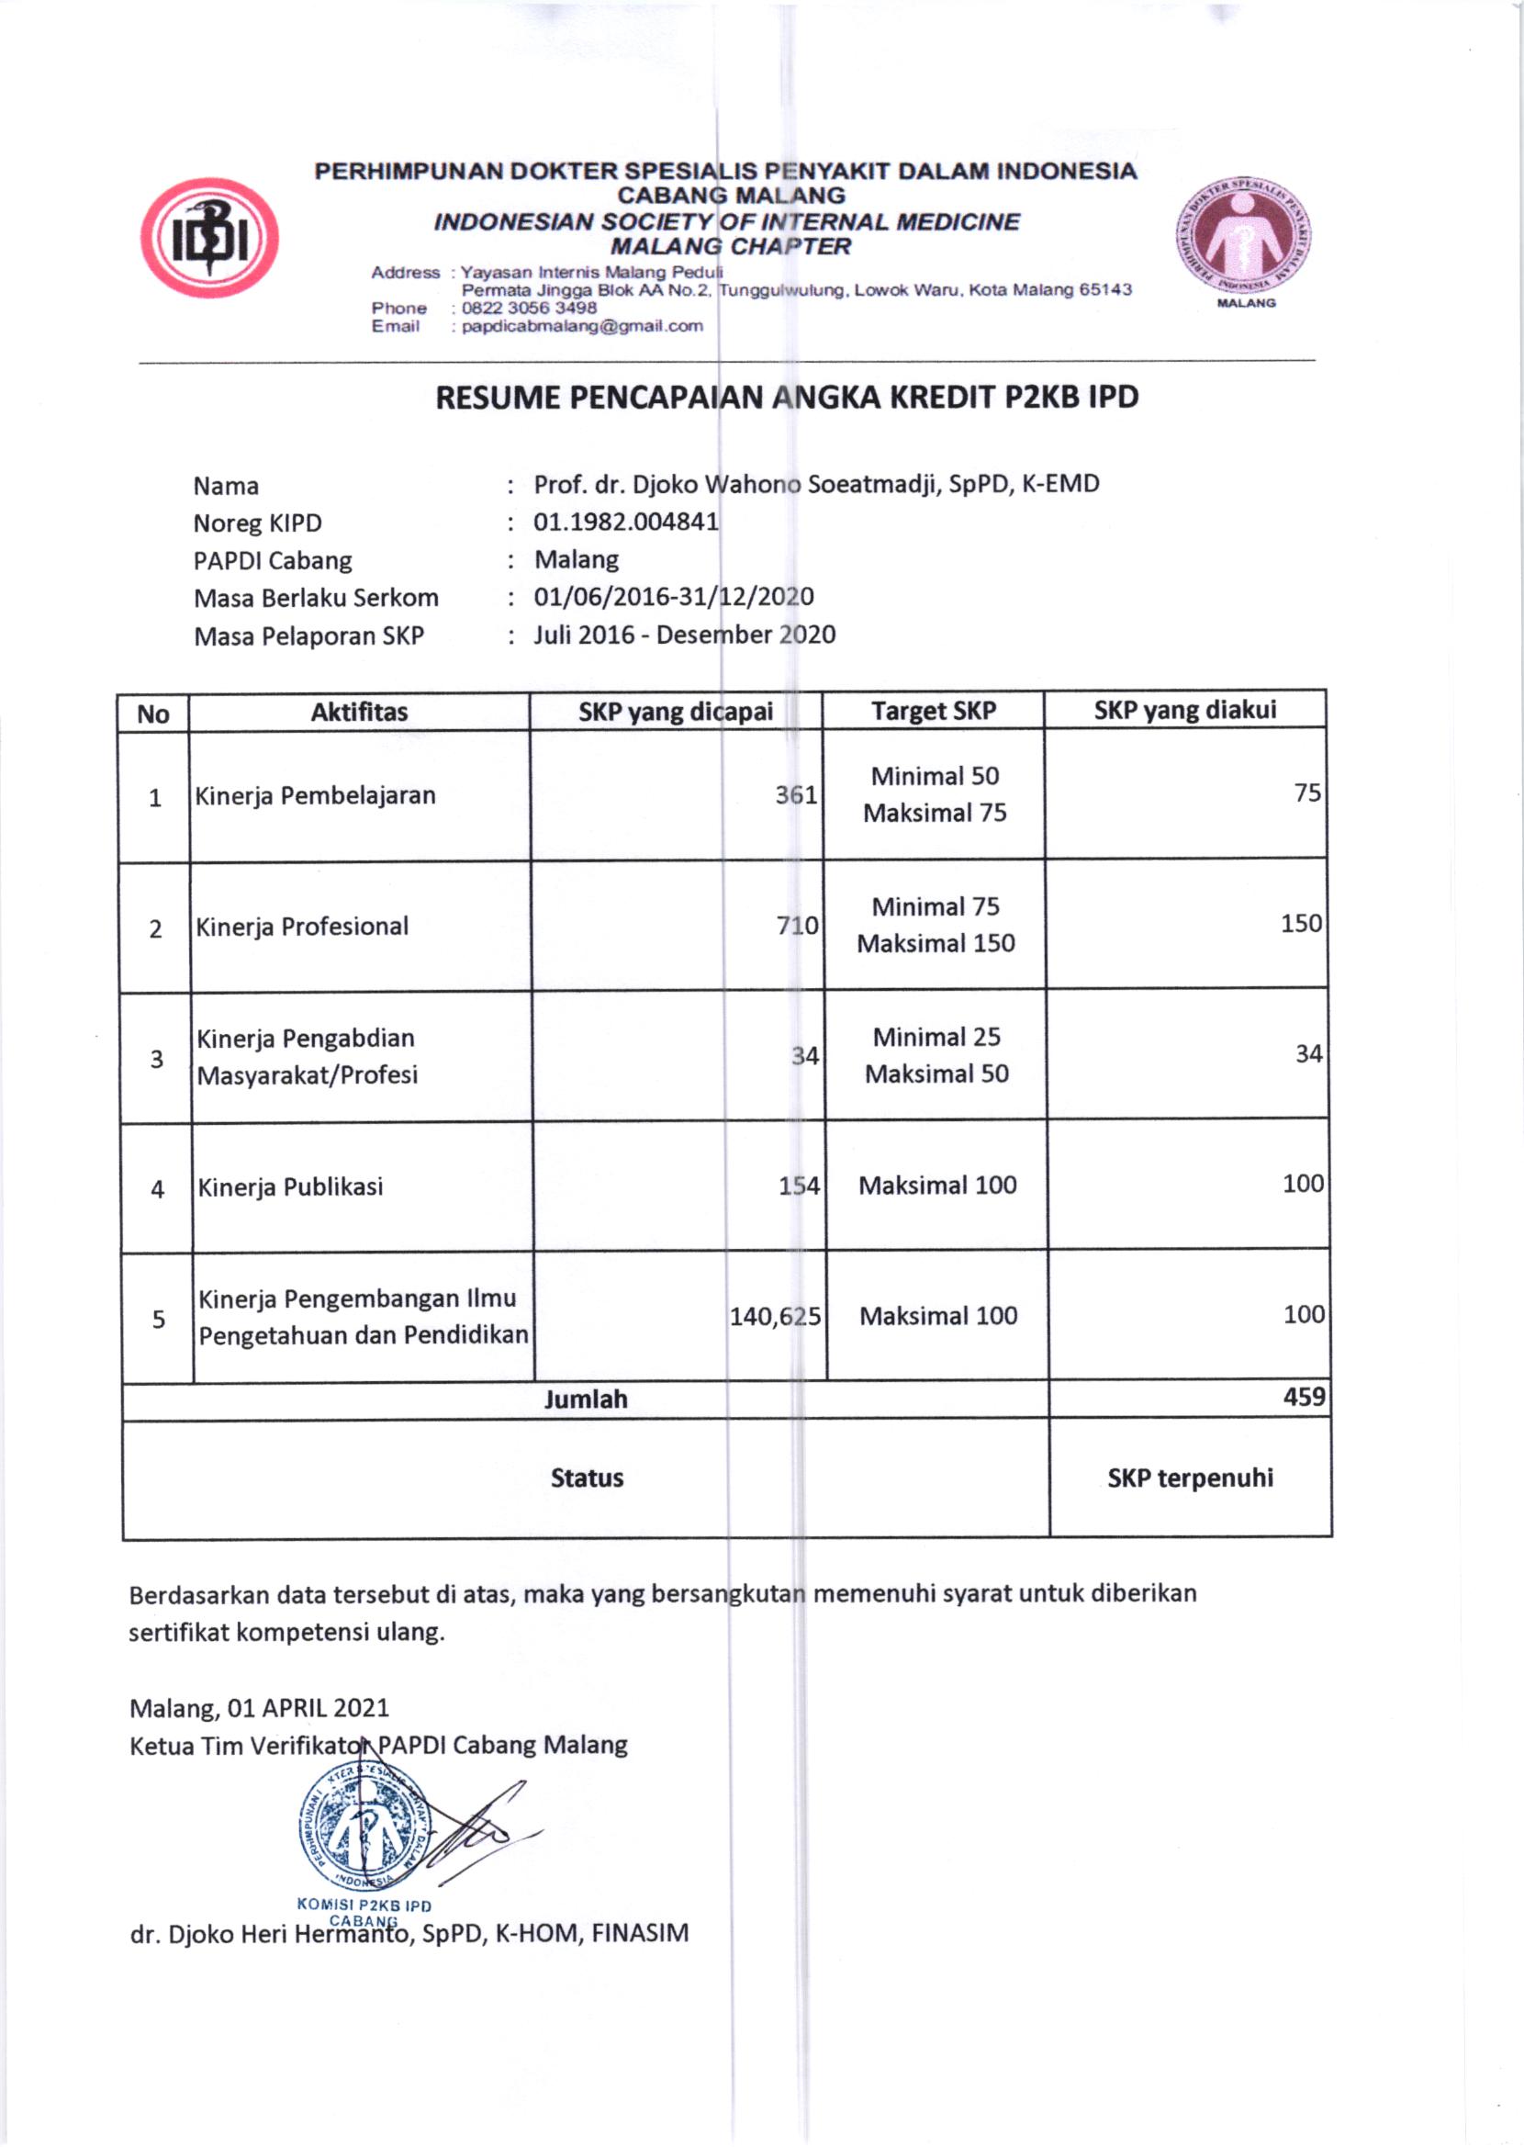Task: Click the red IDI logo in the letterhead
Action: point(209,238)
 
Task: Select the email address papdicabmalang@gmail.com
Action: point(582,327)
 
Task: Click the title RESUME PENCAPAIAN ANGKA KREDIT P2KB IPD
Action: point(787,398)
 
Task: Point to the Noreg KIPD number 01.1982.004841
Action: point(626,522)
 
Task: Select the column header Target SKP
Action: point(933,711)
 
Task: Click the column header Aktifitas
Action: point(359,712)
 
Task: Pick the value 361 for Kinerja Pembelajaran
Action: point(796,795)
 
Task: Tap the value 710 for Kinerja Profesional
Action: point(797,926)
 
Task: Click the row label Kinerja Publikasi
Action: point(290,1186)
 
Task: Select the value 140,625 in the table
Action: point(775,1317)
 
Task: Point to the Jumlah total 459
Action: point(1304,1398)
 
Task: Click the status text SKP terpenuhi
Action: point(1190,1478)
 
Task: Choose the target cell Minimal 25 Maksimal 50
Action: point(936,1055)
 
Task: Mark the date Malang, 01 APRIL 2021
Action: point(259,1707)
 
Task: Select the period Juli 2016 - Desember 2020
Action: point(684,635)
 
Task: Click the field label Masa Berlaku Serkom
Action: point(316,598)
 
